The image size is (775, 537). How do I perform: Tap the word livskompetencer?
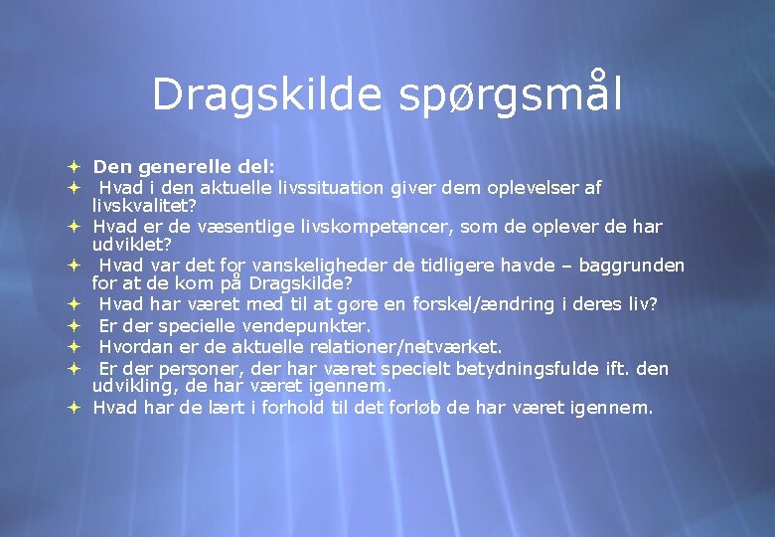[x=379, y=227]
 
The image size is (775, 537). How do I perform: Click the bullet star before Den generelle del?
[x=74, y=166]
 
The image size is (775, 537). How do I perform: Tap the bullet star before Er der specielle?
[x=74, y=326]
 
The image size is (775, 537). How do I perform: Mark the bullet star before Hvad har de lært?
[x=74, y=407]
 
